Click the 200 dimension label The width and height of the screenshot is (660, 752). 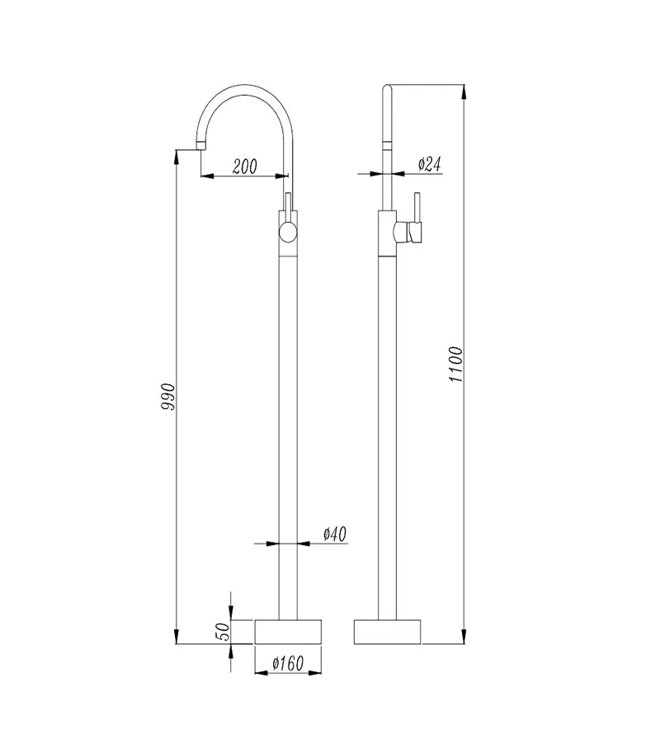pos(244,166)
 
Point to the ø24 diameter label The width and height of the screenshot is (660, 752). pos(429,164)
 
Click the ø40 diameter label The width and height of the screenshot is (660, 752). pos(334,534)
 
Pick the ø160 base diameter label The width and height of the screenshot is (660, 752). pos(287,661)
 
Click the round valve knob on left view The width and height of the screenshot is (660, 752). pos(287,232)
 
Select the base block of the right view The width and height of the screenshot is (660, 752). pos(387,632)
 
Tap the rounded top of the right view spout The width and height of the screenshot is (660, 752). pos(388,88)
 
